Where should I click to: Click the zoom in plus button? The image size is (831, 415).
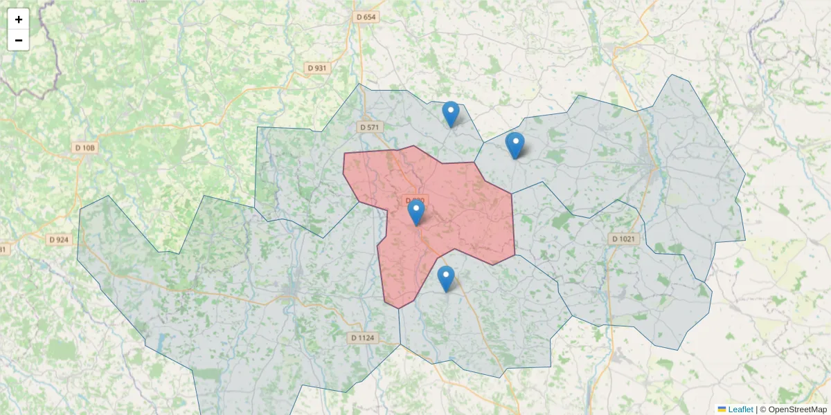pyautogui.click(x=19, y=19)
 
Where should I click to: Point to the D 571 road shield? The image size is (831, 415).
pyautogui.click(x=370, y=127)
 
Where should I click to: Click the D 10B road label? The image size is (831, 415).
pyautogui.click(x=85, y=148)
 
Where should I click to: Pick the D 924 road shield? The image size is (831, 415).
pyautogui.click(x=60, y=240)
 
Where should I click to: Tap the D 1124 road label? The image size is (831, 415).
pyautogui.click(x=362, y=338)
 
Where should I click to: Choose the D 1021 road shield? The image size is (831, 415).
pyautogui.click(x=623, y=239)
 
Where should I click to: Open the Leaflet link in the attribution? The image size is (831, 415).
pyautogui.click(x=740, y=409)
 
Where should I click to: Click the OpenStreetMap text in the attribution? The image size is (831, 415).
pyautogui.click(x=798, y=409)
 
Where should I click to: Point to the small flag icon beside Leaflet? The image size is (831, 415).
pyautogui.click(x=722, y=409)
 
